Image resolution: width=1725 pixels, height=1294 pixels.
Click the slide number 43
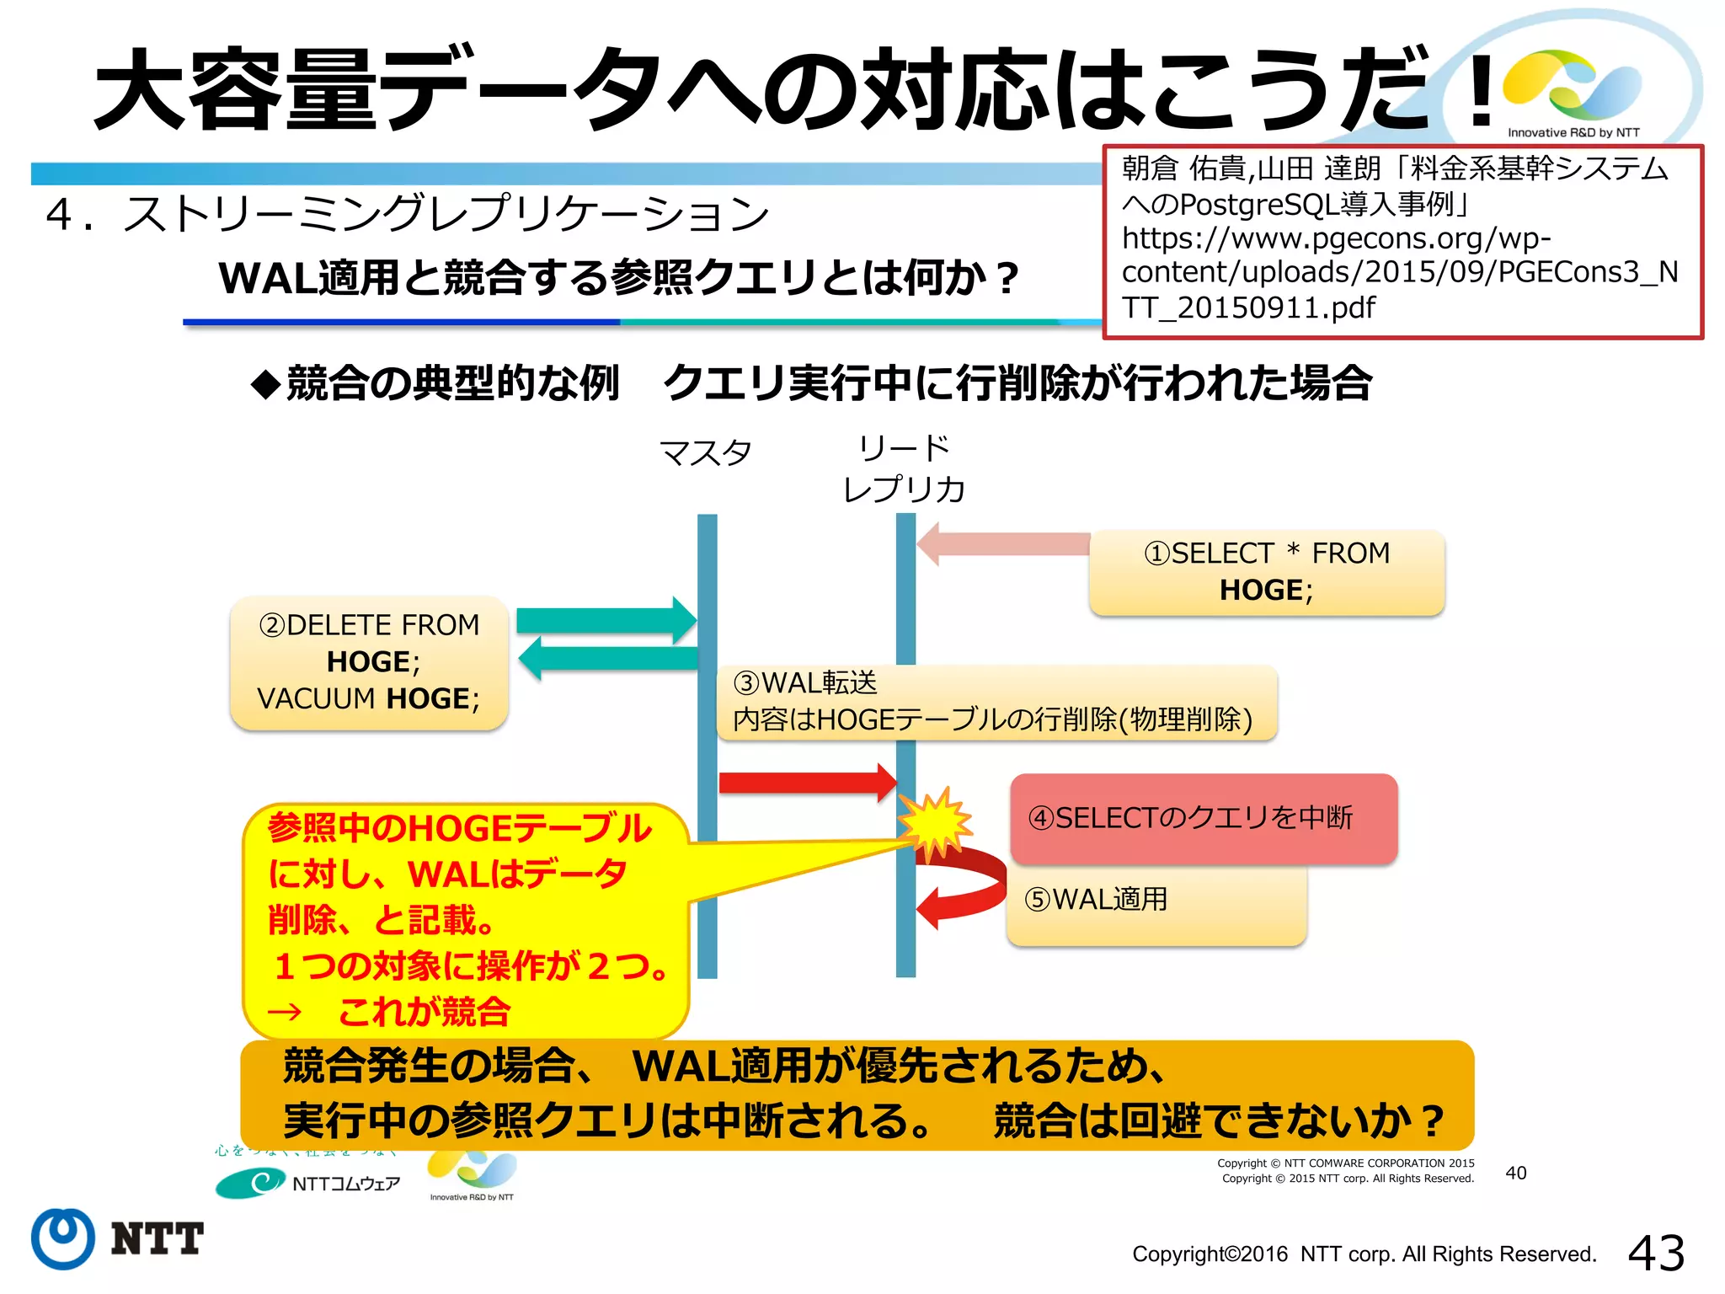pyautogui.click(x=1656, y=1253)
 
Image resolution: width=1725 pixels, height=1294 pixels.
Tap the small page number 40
pyautogui.click(x=1515, y=1173)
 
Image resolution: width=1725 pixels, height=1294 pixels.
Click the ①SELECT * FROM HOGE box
pyautogui.click(x=1266, y=572)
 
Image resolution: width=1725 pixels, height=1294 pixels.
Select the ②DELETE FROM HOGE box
pyautogui.click(x=369, y=662)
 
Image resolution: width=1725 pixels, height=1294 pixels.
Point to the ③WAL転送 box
pyautogui.click(x=996, y=702)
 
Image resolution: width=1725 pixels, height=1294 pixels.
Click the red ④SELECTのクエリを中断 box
pyautogui.click(x=1203, y=818)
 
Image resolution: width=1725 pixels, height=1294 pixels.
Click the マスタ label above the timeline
pyautogui.click(x=705, y=453)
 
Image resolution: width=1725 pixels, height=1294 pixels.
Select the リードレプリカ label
pyautogui.click(x=904, y=468)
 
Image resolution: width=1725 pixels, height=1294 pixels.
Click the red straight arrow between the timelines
pyautogui.click(x=807, y=783)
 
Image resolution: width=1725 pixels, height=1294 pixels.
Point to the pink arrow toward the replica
pyautogui.click(x=1002, y=544)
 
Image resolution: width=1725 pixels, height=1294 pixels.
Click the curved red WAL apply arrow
pyautogui.click(x=969, y=889)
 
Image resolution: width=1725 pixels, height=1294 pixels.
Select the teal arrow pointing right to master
pyautogui.click(x=606, y=621)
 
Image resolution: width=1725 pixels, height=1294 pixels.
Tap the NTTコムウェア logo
pyautogui.click(x=307, y=1183)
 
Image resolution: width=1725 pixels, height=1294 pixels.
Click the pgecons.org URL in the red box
pyautogui.click(x=1398, y=272)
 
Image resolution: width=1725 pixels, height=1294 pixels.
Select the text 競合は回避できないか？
pyautogui.click(x=1218, y=1121)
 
